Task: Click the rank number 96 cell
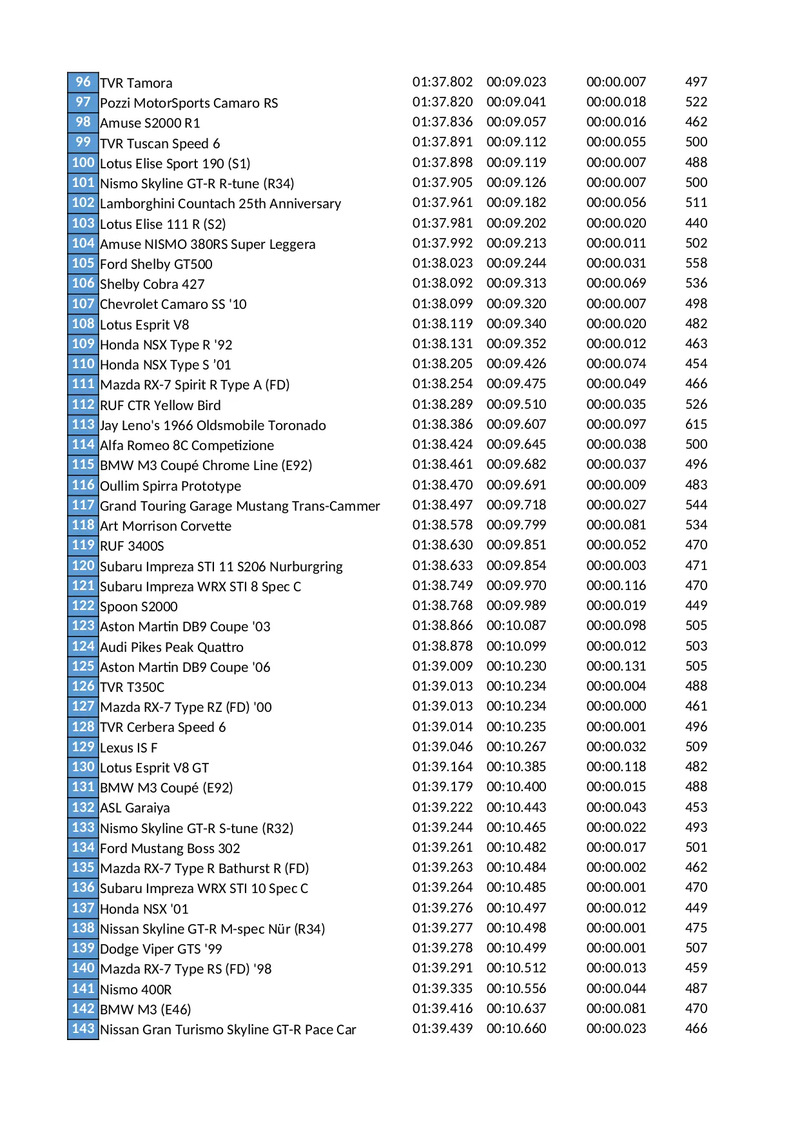point(83,82)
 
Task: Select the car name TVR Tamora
point(136,83)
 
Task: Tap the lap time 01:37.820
point(442,102)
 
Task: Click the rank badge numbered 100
point(83,162)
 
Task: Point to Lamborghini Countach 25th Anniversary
point(220,204)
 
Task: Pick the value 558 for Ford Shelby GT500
point(696,263)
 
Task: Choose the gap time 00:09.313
point(516,283)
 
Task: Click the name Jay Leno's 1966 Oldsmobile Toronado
point(213,426)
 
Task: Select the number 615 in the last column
point(696,424)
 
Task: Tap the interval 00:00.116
point(616,585)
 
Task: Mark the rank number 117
point(83,505)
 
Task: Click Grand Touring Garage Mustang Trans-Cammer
point(240,506)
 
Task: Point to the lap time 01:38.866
point(442,625)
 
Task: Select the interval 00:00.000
point(616,706)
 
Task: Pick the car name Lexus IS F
point(128,748)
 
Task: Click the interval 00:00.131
point(616,666)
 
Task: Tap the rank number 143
point(83,1028)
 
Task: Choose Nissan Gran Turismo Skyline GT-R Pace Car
point(228,1030)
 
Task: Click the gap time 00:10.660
point(516,1028)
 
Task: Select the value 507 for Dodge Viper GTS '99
point(696,948)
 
